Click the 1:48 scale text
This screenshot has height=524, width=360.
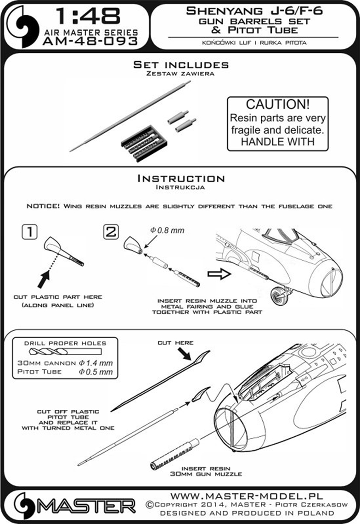tap(88, 16)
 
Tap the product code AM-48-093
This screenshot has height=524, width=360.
tap(90, 41)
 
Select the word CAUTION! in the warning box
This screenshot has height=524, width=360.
tap(278, 104)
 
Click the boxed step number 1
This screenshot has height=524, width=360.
tap(29, 232)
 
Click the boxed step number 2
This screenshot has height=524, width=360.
tap(111, 232)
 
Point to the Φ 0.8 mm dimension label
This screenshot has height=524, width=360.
tap(167, 231)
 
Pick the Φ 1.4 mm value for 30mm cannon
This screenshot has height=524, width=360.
tap(96, 363)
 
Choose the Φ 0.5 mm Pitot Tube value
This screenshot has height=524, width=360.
tap(96, 372)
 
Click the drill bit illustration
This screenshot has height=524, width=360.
tap(65, 351)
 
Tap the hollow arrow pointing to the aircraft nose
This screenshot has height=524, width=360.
tap(219, 274)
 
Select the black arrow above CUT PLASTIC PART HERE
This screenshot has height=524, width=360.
tap(44, 279)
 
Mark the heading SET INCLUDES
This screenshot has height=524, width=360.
tap(180, 65)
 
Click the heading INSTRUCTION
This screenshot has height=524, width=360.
tap(180, 178)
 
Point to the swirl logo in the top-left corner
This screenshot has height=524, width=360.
tap(23, 27)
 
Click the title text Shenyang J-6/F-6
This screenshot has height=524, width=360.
tap(254, 11)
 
